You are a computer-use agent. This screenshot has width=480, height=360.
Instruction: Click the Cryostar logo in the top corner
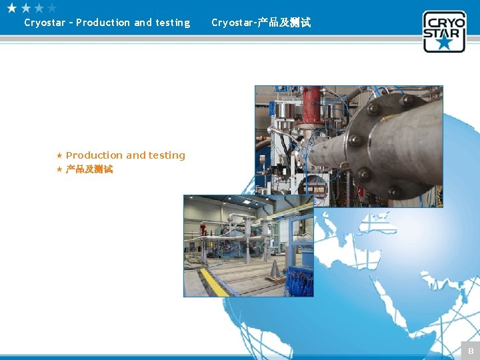[x=444, y=31]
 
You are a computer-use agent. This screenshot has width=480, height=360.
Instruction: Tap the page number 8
[x=470, y=351]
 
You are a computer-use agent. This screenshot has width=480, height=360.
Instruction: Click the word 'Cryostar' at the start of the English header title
[x=44, y=23]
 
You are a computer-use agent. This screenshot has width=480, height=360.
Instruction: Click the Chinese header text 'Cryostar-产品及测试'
[x=261, y=23]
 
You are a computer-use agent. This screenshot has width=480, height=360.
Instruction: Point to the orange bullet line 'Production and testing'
[x=125, y=155]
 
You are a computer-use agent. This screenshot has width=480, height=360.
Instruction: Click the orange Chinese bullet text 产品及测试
[x=89, y=169]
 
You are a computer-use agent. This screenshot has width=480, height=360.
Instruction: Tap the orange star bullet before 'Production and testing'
[x=59, y=155]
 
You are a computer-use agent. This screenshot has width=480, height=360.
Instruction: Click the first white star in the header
[x=12, y=8]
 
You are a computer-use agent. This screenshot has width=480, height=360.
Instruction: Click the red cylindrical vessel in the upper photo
[x=311, y=103]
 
